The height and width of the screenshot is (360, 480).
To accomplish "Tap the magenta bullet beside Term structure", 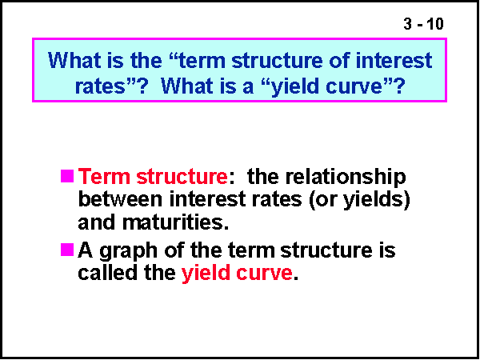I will point(66,175).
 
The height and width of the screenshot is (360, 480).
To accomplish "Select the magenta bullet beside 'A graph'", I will point(66,250).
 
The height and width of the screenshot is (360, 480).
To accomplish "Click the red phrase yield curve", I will point(237,273).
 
